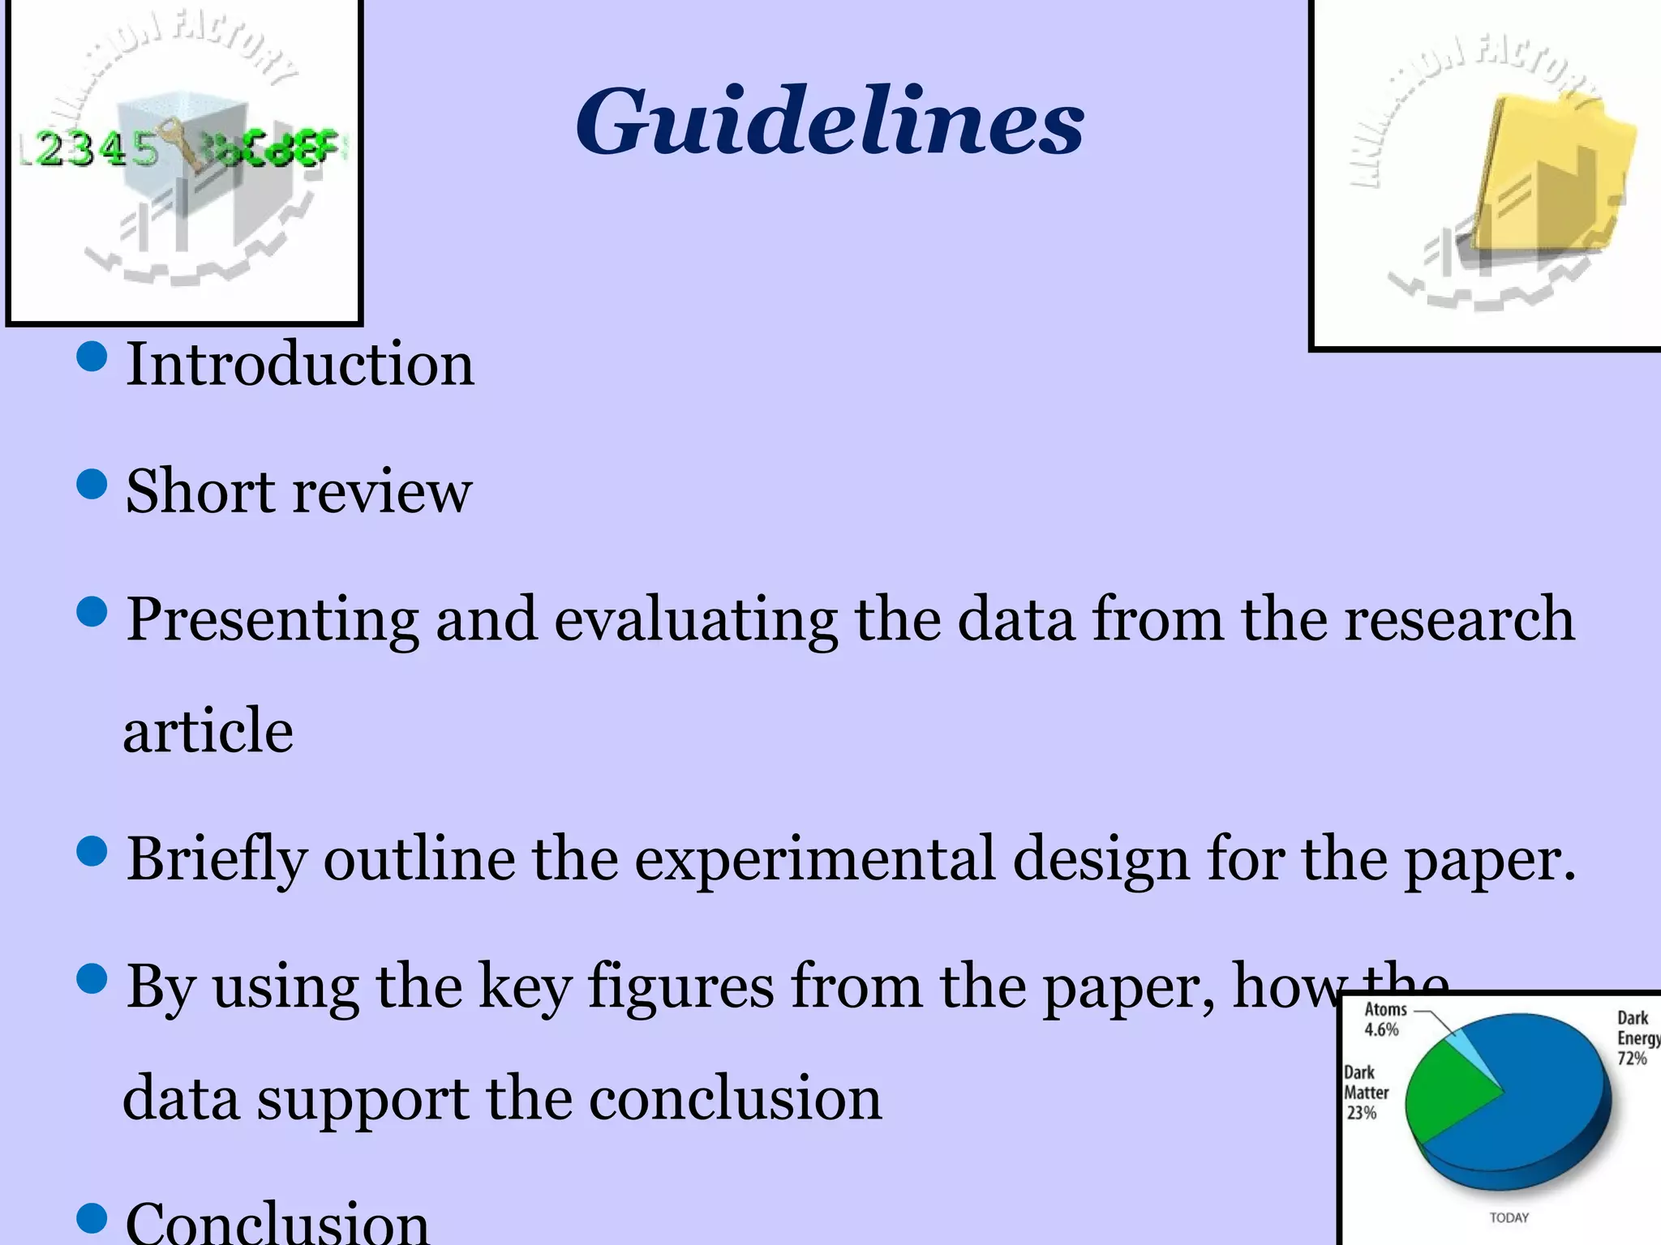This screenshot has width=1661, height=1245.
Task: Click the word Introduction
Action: click(x=300, y=364)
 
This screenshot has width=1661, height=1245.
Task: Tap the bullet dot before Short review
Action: click(x=92, y=485)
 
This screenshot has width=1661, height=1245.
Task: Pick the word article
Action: click(x=208, y=730)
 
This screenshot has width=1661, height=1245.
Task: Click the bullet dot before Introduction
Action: click(x=92, y=357)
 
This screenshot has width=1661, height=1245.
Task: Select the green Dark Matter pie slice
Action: click(x=1448, y=1090)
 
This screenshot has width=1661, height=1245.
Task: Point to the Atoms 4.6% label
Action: click(x=1384, y=1019)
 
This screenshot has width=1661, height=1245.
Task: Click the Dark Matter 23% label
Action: click(x=1366, y=1093)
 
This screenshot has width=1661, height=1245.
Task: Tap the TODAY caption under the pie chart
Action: click(x=1509, y=1217)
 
